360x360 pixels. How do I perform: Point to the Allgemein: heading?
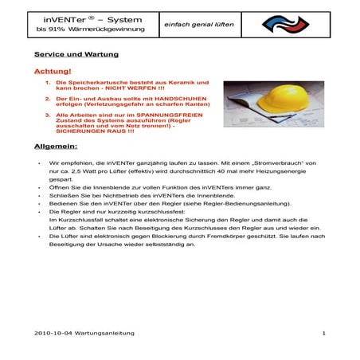(55, 147)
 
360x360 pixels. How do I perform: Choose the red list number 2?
(48, 97)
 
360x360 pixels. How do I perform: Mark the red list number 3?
(48, 114)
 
